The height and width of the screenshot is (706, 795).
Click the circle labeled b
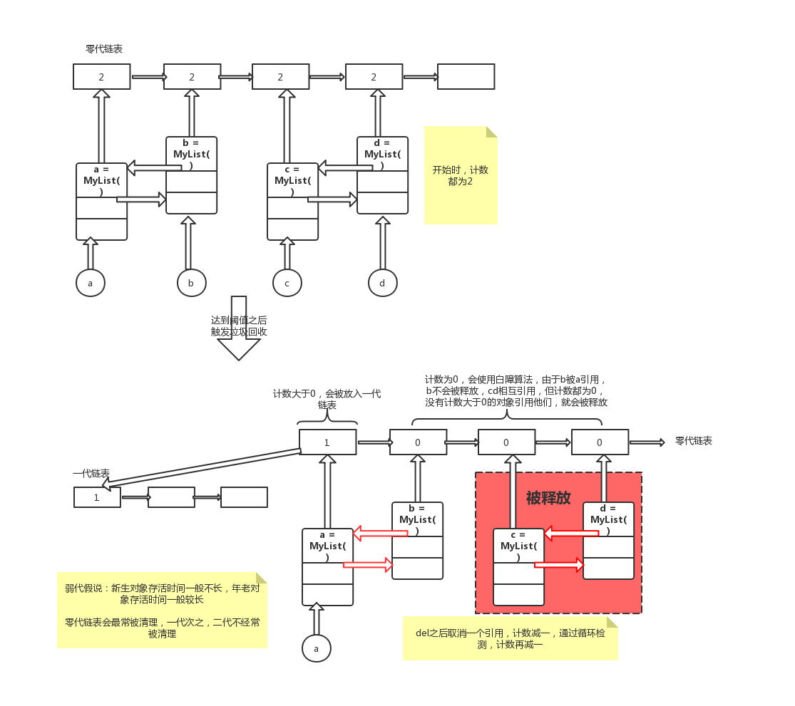pos(192,283)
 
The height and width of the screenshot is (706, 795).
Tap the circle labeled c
pos(287,283)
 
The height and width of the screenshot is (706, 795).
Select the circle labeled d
pos(382,283)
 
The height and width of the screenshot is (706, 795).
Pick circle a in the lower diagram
pos(316,648)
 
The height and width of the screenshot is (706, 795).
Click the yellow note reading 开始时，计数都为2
pos(461,175)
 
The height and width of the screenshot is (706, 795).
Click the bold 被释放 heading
pos(548,498)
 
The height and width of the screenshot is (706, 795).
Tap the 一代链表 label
pos(91,474)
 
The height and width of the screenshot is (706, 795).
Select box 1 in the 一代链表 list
pos(97,497)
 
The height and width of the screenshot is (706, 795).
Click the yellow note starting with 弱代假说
pos(162,611)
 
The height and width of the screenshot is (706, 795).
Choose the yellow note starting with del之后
pos(510,638)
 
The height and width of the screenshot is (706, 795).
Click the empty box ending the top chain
pos(466,77)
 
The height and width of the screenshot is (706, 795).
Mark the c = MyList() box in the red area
pos(518,566)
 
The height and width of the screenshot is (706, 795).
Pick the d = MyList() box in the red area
pos(608,540)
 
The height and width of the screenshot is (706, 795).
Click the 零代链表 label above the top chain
pos(104,49)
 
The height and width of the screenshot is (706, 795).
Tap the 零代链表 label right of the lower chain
pos(693,441)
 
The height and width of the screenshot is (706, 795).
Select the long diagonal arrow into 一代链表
pos(203,467)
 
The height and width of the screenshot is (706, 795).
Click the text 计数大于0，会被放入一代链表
pos(327,399)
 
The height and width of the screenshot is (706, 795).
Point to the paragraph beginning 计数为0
pos(516,391)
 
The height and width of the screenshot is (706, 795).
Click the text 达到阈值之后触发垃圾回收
pos(239,326)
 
